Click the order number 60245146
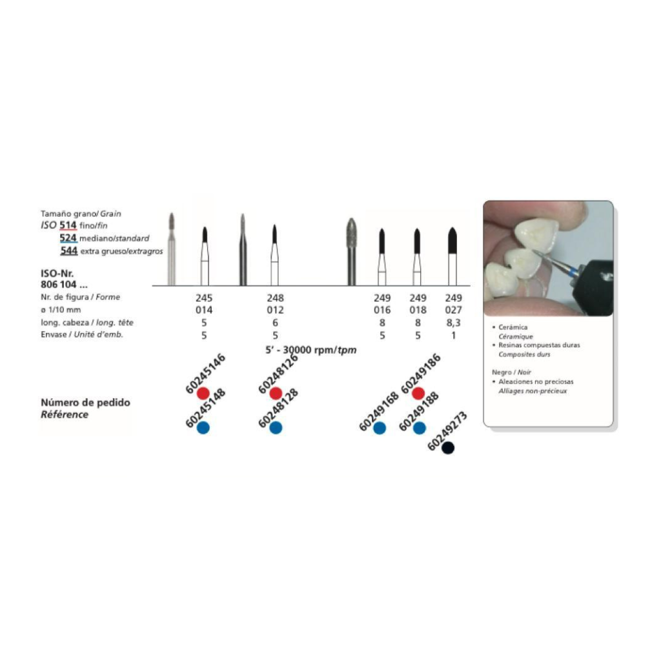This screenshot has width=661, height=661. pyautogui.click(x=205, y=374)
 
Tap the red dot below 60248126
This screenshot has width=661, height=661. pyautogui.click(x=275, y=393)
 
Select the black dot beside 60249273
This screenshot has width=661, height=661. pyautogui.click(x=448, y=448)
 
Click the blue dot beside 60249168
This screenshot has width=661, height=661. pyautogui.click(x=380, y=428)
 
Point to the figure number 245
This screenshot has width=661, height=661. pyautogui.click(x=204, y=298)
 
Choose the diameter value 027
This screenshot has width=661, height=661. pyautogui.click(x=454, y=310)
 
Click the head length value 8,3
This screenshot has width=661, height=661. pyautogui.click(x=454, y=323)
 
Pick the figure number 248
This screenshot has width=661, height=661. pyautogui.click(x=275, y=298)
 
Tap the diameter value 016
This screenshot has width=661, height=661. pyautogui.click(x=382, y=310)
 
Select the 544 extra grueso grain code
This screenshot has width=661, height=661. pyautogui.click(x=68, y=251)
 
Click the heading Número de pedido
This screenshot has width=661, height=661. pyautogui.click(x=86, y=402)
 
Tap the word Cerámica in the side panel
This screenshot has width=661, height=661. pyautogui.click(x=513, y=327)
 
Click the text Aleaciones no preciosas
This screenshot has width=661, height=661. pyautogui.click(x=536, y=381)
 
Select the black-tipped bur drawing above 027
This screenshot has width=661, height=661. pyautogui.click(x=453, y=256)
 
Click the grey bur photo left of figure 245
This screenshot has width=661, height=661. pyautogui.click(x=171, y=249)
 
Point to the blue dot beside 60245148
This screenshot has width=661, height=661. pyautogui.click(x=203, y=428)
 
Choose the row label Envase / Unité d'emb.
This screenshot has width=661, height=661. pyautogui.click(x=82, y=335)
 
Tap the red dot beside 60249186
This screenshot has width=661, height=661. pyautogui.click(x=418, y=393)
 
